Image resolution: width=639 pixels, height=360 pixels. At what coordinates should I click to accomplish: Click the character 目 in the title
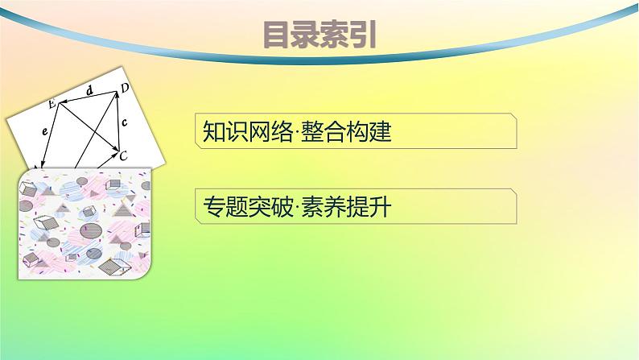(x=278, y=35)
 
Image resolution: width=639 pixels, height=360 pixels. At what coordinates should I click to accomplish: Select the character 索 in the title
(x=335, y=35)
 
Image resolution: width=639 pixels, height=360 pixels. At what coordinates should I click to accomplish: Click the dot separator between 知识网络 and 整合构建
(x=294, y=134)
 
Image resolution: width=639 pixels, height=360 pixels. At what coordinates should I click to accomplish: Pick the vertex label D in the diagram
(x=126, y=87)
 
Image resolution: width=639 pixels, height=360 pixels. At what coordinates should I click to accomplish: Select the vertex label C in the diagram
(x=122, y=156)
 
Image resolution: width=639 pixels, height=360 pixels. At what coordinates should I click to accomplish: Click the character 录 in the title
(x=306, y=35)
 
